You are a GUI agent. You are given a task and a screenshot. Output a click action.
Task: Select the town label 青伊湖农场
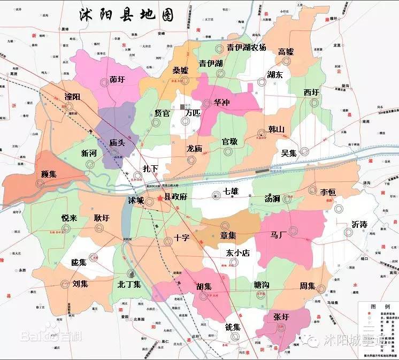coord(246,47)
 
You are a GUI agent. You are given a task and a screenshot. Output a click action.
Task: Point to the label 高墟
coord(286,52)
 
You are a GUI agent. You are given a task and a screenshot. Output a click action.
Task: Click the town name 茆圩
coord(117,80)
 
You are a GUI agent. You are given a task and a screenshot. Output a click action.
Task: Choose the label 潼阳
coord(72,97)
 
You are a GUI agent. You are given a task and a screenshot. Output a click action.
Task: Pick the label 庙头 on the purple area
coord(117,143)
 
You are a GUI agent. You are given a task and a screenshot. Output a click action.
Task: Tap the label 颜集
coord(49,174)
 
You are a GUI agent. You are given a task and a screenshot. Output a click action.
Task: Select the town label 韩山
coord(277,129)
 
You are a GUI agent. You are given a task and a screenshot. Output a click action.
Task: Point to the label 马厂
coord(279,234)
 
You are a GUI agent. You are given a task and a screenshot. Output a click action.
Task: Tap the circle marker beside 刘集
coord(65,284)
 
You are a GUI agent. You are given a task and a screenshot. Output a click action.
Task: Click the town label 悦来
coord(70,218)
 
